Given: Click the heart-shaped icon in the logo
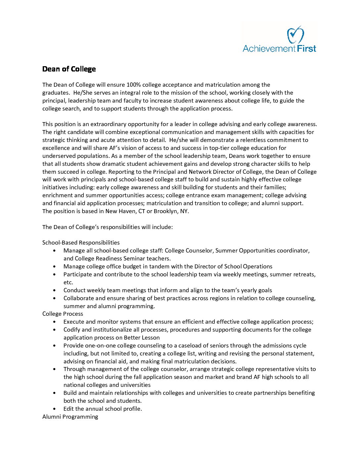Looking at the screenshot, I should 295,35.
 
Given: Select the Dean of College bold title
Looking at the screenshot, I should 69,69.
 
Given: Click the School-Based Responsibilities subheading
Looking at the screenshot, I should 81,243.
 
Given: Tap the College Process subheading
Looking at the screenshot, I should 63,314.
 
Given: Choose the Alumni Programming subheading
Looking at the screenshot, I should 70,417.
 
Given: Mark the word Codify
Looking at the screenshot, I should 72,330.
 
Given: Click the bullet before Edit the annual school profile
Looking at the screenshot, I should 54,409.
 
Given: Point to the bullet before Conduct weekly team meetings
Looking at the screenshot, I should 54,291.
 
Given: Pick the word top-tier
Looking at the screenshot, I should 220,148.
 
